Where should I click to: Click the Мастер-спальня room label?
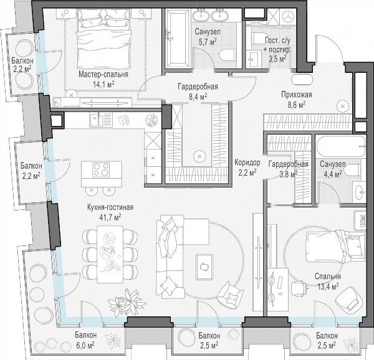tap(103, 75)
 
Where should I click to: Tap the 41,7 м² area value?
tap(110, 217)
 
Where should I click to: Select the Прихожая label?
tap(297, 95)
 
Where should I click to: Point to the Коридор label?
tap(247, 163)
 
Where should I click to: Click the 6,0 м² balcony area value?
tap(85, 345)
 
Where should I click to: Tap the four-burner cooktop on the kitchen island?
tap(101, 170)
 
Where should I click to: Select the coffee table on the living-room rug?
tap(204, 267)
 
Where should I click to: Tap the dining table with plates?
tap(110, 254)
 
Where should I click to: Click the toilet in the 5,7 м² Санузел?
tap(228, 55)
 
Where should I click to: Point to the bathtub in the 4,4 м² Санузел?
tap(340, 146)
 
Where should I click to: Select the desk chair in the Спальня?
tap(299, 287)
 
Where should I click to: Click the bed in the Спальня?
tap(335, 246)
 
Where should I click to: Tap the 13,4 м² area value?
tap(328, 287)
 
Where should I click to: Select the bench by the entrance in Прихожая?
tap(302, 80)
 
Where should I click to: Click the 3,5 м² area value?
tap(277, 59)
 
